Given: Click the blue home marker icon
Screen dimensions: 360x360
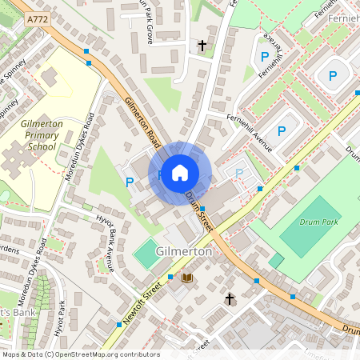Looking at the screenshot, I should [x=180, y=173].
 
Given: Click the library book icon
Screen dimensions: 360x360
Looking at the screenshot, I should [x=187, y=278].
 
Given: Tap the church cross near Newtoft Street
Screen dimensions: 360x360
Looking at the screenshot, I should [x=230, y=299].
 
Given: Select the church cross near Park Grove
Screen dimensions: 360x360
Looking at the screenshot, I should [x=202, y=46].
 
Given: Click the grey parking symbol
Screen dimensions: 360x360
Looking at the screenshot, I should [x=238, y=172].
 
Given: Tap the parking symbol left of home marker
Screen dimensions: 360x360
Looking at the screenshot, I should [x=130, y=182].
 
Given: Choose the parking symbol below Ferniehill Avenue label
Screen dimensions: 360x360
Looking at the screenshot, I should [x=282, y=131].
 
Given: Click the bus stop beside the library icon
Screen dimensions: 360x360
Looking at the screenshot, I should [x=170, y=277].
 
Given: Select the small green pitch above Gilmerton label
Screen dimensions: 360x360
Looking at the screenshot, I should [x=146, y=255].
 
